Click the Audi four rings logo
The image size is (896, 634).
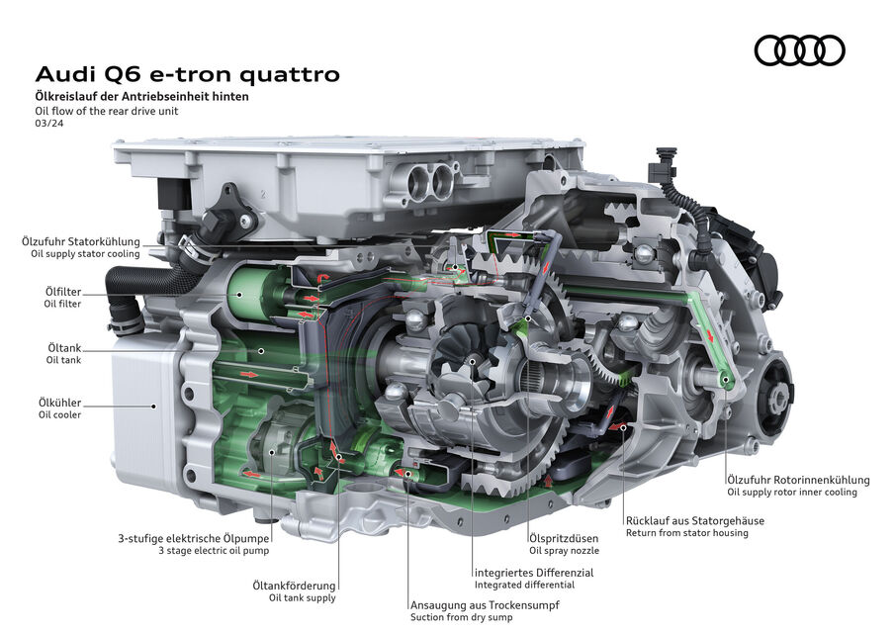click(x=799, y=50)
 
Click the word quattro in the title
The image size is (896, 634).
click(x=290, y=74)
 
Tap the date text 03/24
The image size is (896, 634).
click(x=49, y=123)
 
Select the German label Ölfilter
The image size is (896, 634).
click(x=63, y=292)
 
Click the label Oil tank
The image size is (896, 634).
click(x=63, y=360)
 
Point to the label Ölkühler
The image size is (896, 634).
click(x=59, y=403)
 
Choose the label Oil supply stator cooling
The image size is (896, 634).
click(x=85, y=254)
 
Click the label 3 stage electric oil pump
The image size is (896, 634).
click(x=214, y=551)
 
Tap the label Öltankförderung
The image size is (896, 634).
click(x=294, y=586)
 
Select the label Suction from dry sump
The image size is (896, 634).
click(x=461, y=617)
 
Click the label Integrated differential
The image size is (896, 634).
click(x=524, y=585)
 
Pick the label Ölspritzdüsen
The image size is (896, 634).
click(x=564, y=538)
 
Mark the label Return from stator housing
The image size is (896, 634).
click(x=687, y=533)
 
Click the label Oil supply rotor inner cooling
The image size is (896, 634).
click(x=792, y=493)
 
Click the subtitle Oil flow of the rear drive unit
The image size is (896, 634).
click(x=106, y=111)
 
